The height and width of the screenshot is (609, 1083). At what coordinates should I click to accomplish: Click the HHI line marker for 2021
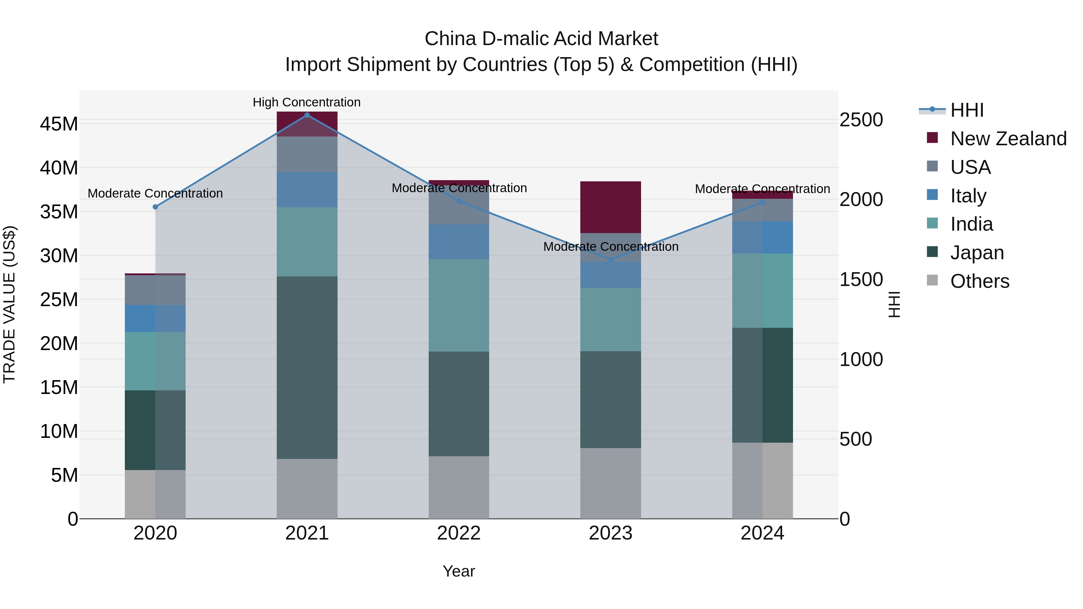pos(307,115)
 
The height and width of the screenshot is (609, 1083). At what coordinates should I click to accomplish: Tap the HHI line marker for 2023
pos(610,260)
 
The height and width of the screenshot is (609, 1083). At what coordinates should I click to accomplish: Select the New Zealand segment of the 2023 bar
pos(610,207)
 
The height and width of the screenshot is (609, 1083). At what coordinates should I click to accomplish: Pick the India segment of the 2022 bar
pos(459,305)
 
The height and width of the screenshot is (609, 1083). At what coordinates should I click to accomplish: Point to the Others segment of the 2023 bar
pos(610,483)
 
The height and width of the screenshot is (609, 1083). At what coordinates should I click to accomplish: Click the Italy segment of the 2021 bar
pos(307,189)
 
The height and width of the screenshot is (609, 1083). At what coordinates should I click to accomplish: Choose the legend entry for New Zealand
pos(1008,139)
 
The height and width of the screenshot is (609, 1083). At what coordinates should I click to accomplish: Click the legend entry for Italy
pos(968,196)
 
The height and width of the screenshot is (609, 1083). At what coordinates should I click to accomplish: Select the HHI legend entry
pos(967,110)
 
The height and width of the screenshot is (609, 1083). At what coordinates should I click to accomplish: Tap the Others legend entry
pos(979,281)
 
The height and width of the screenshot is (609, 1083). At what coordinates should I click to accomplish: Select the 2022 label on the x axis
pos(459,533)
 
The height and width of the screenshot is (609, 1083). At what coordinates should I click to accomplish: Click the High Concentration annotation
pos(307,102)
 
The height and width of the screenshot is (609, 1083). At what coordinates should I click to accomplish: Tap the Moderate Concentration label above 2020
pos(155,193)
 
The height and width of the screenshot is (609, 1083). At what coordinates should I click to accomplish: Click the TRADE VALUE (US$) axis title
pos(9,304)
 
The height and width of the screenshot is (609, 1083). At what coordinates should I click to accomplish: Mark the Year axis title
pos(459,571)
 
